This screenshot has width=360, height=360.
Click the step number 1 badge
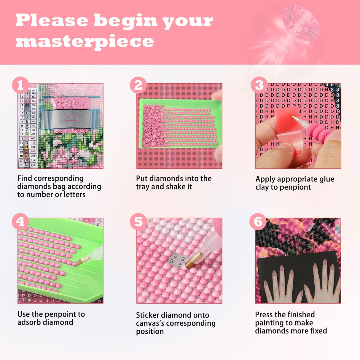[20, 85]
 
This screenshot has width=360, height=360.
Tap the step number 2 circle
[138, 85]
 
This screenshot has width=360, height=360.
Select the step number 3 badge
[259, 85]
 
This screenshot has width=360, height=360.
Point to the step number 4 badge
[20, 221]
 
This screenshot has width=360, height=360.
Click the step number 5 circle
[138, 221]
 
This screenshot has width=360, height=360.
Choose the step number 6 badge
[258, 221]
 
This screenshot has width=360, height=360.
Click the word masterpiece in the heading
[85, 41]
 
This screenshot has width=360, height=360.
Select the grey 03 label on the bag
[70, 118]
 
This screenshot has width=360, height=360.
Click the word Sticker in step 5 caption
[148, 315]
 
